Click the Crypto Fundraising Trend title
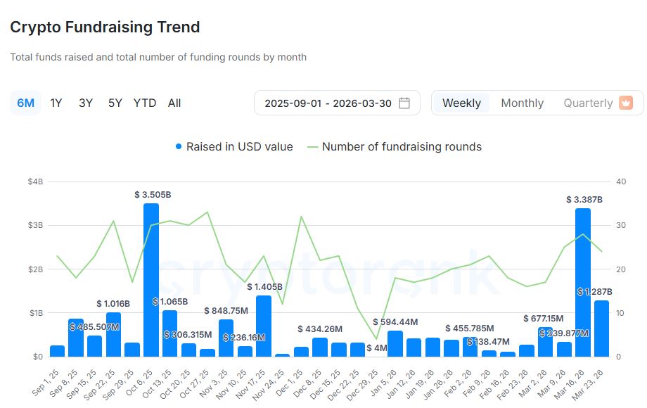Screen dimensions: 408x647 [x=105, y=27]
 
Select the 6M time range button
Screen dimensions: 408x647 [x=25, y=103]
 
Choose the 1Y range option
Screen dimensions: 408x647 [x=56, y=103]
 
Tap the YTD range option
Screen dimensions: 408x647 [x=145, y=103]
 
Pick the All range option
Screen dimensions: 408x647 [x=174, y=103]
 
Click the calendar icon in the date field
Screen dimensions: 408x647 [x=404, y=103]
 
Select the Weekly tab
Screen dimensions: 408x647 [x=461, y=103]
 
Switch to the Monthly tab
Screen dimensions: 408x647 [x=522, y=103]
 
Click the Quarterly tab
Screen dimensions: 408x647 [x=588, y=103]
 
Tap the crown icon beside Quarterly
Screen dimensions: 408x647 [x=626, y=103]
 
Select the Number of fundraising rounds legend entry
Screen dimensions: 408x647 [x=402, y=147]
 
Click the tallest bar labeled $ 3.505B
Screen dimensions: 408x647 [x=150, y=281]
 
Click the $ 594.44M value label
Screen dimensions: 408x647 [x=395, y=322]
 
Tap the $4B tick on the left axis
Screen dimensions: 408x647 [x=35, y=181]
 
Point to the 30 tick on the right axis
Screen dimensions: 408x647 [x=620, y=225]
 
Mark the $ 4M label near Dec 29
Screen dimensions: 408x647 [x=377, y=348]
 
